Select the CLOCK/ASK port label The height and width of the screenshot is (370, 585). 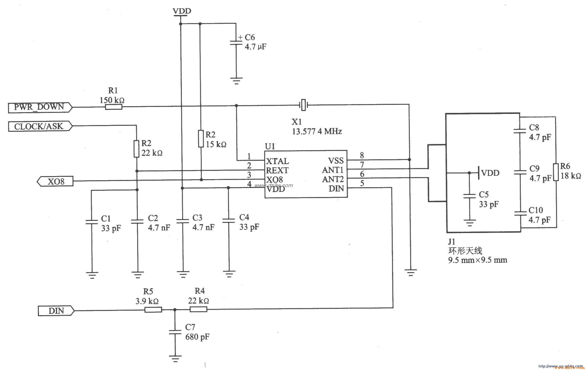(x=39, y=126)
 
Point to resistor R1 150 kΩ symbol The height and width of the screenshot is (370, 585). (x=114, y=107)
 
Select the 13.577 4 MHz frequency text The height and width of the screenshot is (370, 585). (x=317, y=132)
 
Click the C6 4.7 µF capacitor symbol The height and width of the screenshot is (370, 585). (x=236, y=43)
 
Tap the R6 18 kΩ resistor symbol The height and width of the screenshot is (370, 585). (x=555, y=172)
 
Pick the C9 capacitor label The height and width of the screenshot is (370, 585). (x=534, y=169)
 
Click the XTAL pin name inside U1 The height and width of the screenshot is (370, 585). (x=277, y=161)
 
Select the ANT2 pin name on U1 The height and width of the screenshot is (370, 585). (x=333, y=179)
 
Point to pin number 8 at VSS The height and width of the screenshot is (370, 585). (x=362, y=155)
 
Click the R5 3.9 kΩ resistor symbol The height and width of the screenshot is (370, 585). (x=153, y=309)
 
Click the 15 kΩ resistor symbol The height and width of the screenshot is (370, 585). (x=201, y=139)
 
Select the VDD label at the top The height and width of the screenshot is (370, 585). (x=182, y=11)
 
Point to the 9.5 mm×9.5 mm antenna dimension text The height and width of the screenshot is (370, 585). (x=477, y=260)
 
